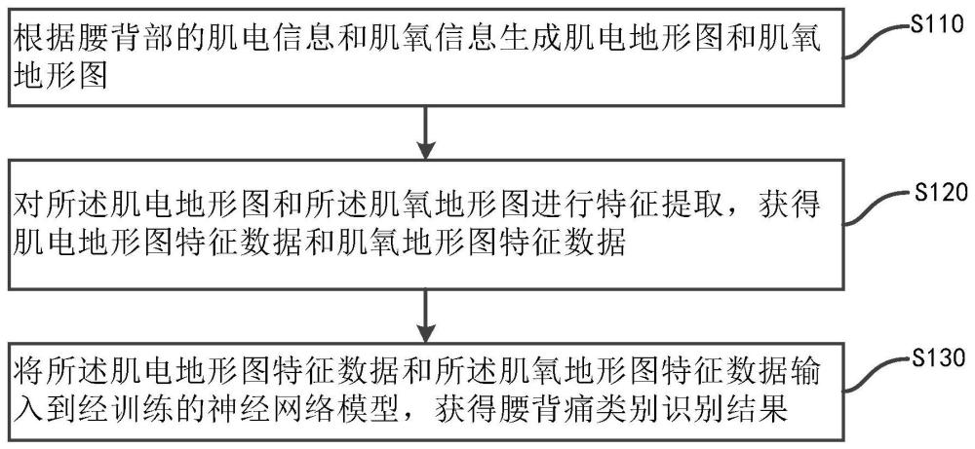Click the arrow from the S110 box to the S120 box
[x=425, y=131]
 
